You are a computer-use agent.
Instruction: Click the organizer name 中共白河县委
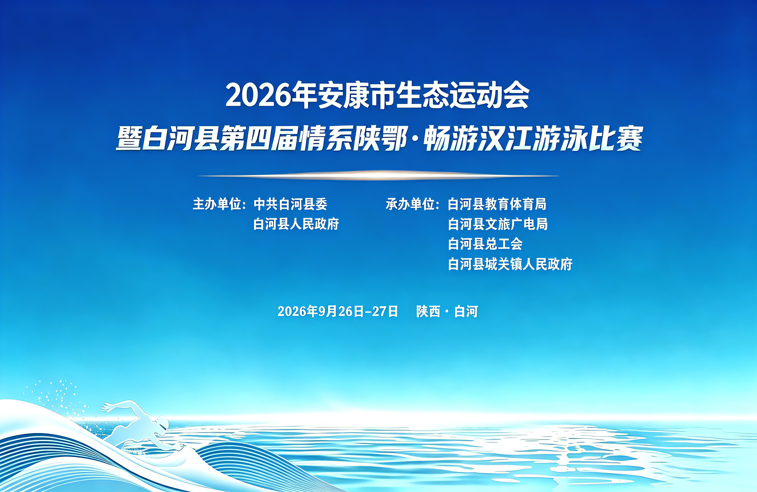290,204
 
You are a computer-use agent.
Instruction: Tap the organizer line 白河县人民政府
296,224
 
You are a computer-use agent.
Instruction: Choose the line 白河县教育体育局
497,204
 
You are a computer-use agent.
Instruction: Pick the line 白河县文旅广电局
498,224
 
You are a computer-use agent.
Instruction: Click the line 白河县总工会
485,244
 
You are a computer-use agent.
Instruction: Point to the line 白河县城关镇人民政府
510,264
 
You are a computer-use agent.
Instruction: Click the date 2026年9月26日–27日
338,311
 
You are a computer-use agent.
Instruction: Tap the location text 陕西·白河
447,311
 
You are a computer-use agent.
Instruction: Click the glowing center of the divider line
378,175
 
